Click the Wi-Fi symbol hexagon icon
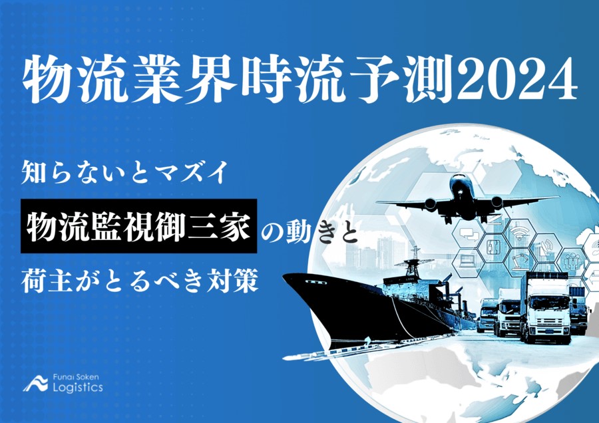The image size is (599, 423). tap(520, 232)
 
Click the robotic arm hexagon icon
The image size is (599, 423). tap(520, 260)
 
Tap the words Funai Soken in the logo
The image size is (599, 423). tap(76, 376)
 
